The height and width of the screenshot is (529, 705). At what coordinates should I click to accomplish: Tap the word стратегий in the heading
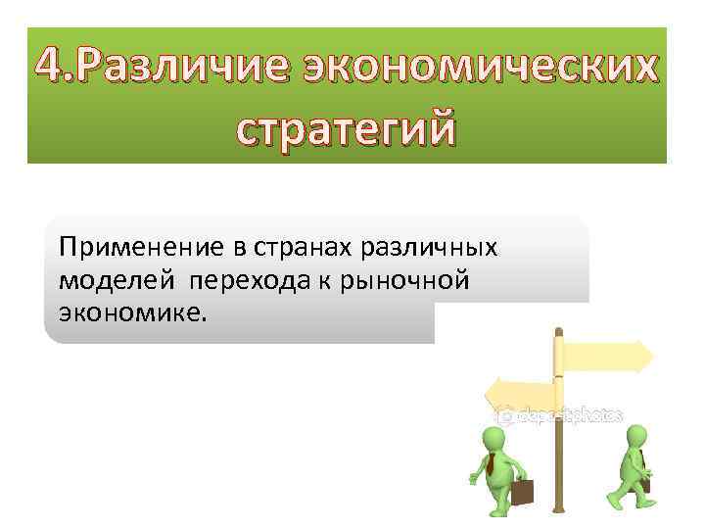click(x=347, y=129)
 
